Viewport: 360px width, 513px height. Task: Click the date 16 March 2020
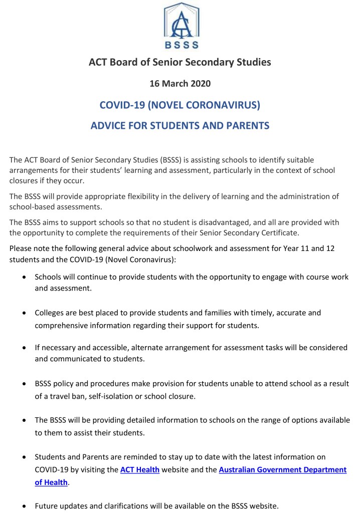click(180, 83)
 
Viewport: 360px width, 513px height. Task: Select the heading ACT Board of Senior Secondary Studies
click(180, 62)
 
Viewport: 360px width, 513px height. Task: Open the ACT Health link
click(140, 470)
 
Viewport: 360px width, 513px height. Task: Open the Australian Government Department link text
click(283, 470)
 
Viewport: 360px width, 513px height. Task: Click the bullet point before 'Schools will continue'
click(25, 277)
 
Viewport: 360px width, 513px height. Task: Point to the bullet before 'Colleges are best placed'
click(25, 313)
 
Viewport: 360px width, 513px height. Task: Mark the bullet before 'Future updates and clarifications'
click(25, 506)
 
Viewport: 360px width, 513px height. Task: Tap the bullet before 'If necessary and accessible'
click(25, 348)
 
